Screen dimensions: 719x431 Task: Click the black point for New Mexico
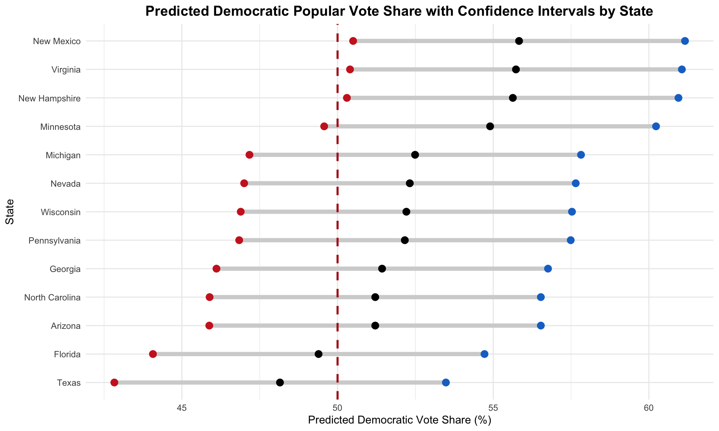point(519,41)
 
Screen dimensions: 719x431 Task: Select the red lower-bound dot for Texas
point(114,382)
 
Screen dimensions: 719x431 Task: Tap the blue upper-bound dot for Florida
point(484,354)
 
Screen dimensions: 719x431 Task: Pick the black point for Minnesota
point(490,126)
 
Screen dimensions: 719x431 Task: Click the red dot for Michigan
point(249,155)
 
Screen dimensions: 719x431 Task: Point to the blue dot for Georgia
point(548,269)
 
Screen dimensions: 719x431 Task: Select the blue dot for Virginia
point(682,69)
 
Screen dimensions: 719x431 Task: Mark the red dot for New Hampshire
point(347,98)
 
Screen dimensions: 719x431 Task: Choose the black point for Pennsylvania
point(404,240)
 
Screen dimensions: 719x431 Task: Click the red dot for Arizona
point(209,325)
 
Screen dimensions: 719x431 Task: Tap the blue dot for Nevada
point(576,183)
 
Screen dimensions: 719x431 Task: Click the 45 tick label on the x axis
point(182,407)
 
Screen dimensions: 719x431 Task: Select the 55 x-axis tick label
point(493,407)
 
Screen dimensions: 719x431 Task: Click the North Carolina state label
point(52,297)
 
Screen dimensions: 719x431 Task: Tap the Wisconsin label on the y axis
point(61,212)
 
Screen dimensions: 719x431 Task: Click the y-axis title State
point(10,212)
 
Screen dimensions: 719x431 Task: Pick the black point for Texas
point(280,382)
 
